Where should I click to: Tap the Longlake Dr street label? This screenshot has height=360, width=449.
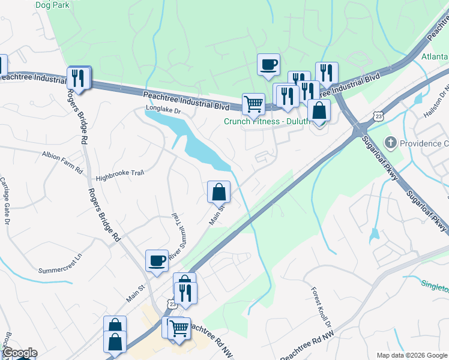click(x=164, y=110)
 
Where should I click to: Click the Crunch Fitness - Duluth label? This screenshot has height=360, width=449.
click(x=267, y=121)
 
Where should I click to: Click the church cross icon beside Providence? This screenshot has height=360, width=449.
click(x=390, y=143)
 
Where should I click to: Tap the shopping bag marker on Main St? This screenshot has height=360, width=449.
click(x=219, y=192)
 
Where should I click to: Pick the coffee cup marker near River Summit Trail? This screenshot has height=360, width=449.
click(x=157, y=260)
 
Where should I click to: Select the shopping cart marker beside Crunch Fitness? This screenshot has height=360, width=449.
click(x=253, y=103)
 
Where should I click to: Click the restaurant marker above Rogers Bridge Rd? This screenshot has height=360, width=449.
click(x=79, y=77)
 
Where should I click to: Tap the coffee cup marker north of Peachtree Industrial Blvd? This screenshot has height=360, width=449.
click(x=268, y=64)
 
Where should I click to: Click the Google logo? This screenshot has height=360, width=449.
click(x=19, y=353)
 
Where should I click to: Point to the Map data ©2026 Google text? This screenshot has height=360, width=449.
click(x=412, y=355)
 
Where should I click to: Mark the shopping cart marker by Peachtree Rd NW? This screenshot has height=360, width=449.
click(x=179, y=328)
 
